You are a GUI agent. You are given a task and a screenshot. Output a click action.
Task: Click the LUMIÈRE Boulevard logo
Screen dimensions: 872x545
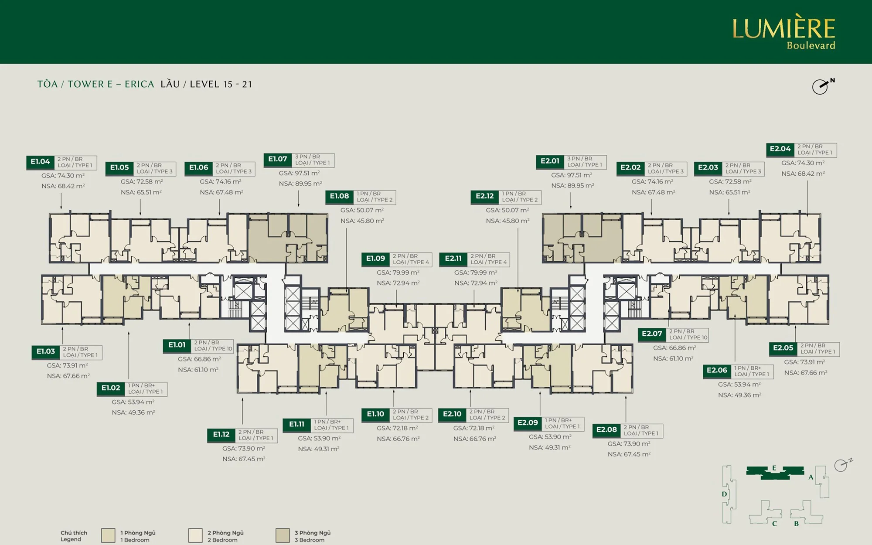point(783,33)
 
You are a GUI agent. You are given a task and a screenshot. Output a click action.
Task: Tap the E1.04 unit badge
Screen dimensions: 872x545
point(41,162)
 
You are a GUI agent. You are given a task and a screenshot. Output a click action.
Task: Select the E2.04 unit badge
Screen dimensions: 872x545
point(780,149)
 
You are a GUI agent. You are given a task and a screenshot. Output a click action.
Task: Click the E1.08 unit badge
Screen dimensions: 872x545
point(339,196)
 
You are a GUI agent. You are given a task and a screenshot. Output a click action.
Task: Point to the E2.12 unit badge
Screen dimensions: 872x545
point(485,196)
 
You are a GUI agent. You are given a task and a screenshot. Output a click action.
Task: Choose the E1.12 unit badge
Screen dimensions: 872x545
point(221,435)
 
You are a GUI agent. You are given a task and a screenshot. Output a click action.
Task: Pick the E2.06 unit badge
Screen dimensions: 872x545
point(717,371)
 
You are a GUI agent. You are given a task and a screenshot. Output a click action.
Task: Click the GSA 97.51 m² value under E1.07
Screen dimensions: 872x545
point(299,174)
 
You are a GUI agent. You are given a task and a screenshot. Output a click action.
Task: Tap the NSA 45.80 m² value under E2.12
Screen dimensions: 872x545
point(508,221)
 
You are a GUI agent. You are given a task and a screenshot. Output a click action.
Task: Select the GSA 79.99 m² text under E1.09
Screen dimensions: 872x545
point(398,272)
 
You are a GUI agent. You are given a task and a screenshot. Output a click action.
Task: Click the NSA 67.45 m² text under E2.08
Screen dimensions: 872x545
point(629,454)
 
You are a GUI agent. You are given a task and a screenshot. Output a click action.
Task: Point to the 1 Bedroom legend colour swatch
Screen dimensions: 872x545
point(108,535)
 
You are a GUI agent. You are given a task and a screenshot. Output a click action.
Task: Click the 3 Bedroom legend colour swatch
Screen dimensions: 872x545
point(283,535)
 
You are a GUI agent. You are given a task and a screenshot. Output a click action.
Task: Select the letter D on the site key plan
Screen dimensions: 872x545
point(724,494)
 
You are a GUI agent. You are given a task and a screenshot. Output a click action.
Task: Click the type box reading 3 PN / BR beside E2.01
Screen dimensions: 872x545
point(584,162)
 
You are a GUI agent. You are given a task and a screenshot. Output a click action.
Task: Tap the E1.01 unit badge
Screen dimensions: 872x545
point(177,345)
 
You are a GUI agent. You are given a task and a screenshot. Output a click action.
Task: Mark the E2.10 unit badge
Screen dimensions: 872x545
point(452,414)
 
